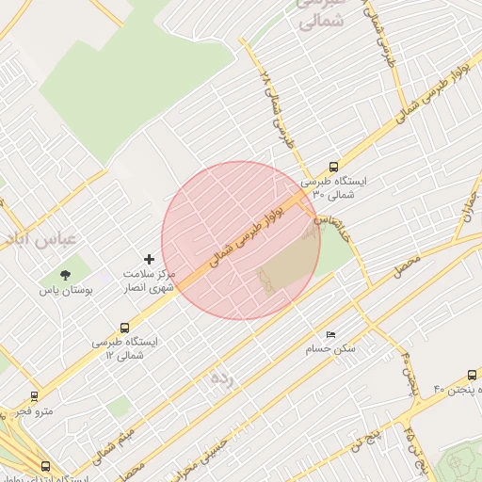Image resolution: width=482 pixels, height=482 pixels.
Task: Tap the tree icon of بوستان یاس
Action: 65,275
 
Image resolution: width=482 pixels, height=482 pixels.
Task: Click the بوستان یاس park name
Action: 65,292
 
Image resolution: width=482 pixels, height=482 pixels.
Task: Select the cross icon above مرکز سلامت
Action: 149,258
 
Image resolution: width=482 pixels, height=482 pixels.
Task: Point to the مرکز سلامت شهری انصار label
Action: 150,281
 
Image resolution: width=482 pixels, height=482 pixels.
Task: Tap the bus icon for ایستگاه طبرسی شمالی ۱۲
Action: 124,328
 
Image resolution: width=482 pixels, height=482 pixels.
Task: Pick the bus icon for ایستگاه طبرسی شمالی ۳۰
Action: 334,167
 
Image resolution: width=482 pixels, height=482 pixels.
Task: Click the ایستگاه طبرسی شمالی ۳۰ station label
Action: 334,186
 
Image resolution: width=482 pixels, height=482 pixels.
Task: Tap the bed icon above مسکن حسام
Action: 329,335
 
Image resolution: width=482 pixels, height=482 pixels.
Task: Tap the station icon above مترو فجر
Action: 35,396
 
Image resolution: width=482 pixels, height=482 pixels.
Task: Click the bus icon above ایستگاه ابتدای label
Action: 45,465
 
